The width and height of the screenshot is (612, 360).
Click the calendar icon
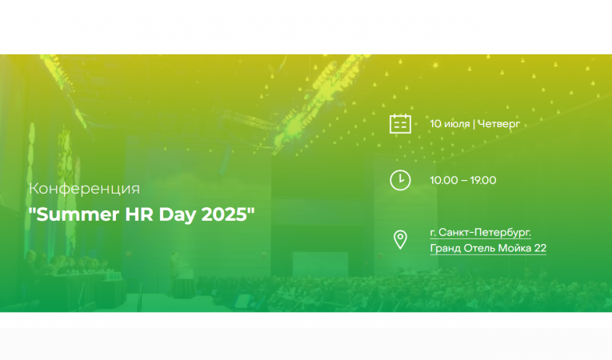click(400, 124)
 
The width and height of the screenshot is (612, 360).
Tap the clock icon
click(400, 180)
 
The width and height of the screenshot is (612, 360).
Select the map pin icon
click(400, 239)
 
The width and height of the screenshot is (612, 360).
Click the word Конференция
click(84, 189)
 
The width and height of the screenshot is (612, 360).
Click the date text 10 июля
click(450, 124)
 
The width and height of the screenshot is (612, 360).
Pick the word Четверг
click(498, 124)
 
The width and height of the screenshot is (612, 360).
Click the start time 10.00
click(443, 180)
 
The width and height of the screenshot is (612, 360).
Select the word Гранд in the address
click(445, 249)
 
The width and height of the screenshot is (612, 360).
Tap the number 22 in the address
click(540, 249)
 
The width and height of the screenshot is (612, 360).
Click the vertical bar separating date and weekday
click(474, 124)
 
